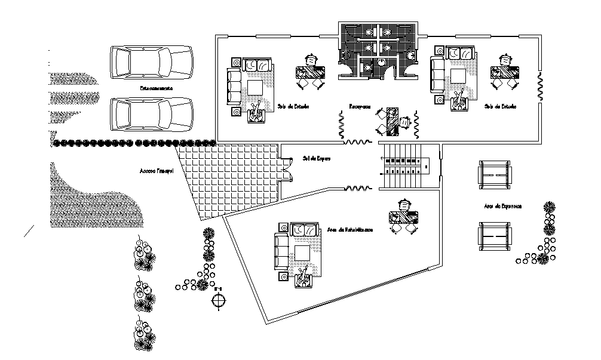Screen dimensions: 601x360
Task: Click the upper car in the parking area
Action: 151,61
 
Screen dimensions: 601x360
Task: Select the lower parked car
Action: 151,114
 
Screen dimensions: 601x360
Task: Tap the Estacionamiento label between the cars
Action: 157,88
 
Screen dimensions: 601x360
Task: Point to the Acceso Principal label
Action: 156,171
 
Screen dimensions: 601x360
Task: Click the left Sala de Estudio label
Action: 293,107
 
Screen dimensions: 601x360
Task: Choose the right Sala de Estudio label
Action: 501,106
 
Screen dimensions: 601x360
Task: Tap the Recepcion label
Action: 361,108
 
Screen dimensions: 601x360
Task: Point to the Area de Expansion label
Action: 503,206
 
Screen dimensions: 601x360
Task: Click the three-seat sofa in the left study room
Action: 234,87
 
